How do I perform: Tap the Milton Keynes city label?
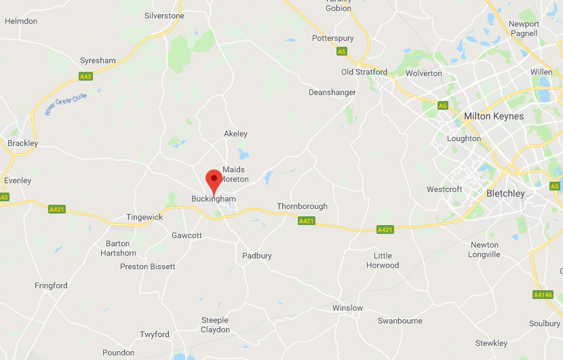pyautogui.click(x=493, y=116)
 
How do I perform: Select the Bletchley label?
pyautogui.click(x=505, y=193)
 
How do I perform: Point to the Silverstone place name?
pyautogui.click(x=164, y=16)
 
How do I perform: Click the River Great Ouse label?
pyautogui.click(x=66, y=104)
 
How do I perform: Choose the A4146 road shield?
pyautogui.click(x=543, y=294)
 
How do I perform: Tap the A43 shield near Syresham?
pyautogui.click(x=85, y=77)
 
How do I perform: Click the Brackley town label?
pyautogui.click(x=22, y=143)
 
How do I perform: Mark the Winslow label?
pyautogui.click(x=347, y=308)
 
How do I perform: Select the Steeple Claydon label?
pyautogui.click(x=215, y=325)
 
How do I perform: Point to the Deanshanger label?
pyautogui.click(x=332, y=92)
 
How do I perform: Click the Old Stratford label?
pyautogui.click(x=364, y=72)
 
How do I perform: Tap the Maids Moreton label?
pyautogui.click(x=235, y=174)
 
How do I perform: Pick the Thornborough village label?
pyautogui.click(x=302, y=206)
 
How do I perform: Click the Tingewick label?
pyautogui.click(x=144, y=218)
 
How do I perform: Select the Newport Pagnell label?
pyautogui.click(x=524, y=28)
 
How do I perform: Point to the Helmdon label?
pyautogui.click(x=21, y=21)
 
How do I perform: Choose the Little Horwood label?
pyautogui.click(x=383, y=260)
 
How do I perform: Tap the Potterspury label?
pyautogui.click(x=333, y=39)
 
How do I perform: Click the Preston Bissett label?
pyautogui.click(x=147, y=266)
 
